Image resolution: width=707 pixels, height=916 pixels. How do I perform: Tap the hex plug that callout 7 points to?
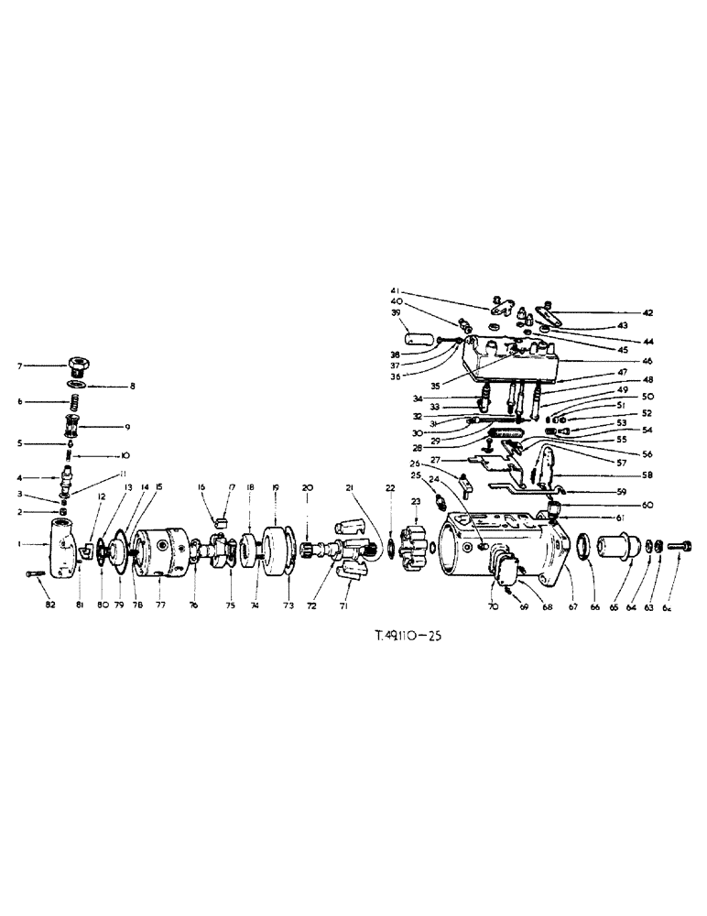(x=81, y=367)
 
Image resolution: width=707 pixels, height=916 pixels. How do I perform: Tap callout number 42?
(x=647, y=313)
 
